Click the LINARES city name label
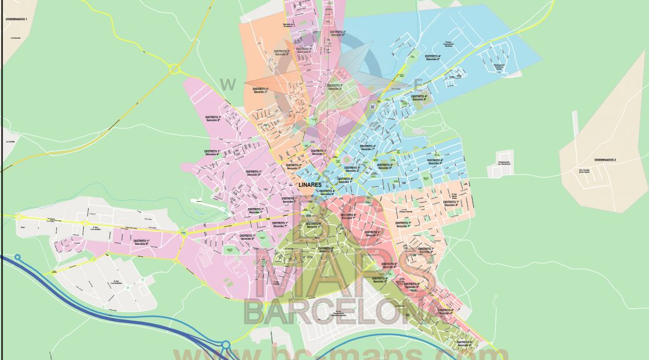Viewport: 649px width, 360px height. (x=310, y=185)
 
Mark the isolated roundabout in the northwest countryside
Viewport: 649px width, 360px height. (x=174, y=69)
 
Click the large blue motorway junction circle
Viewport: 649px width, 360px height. (x=225, y=345)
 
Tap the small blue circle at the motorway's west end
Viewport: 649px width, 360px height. (x=18, y=257)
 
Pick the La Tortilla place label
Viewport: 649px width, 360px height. (x=9, y=142)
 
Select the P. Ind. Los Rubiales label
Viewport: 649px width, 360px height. (x=117, y=282)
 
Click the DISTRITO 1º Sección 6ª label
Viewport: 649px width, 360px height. (x=140, y=241)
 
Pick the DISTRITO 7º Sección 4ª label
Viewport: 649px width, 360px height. (x=450, y=202)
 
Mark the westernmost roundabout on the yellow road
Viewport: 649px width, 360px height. (x=19, y=217)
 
